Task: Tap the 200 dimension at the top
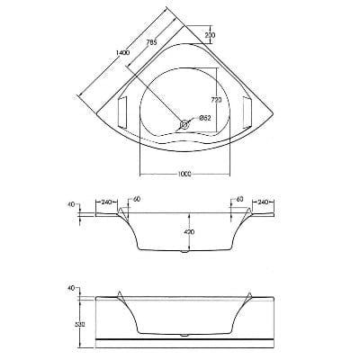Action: [x=210, y=35]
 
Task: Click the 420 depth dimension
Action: [x=191, y=232]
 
